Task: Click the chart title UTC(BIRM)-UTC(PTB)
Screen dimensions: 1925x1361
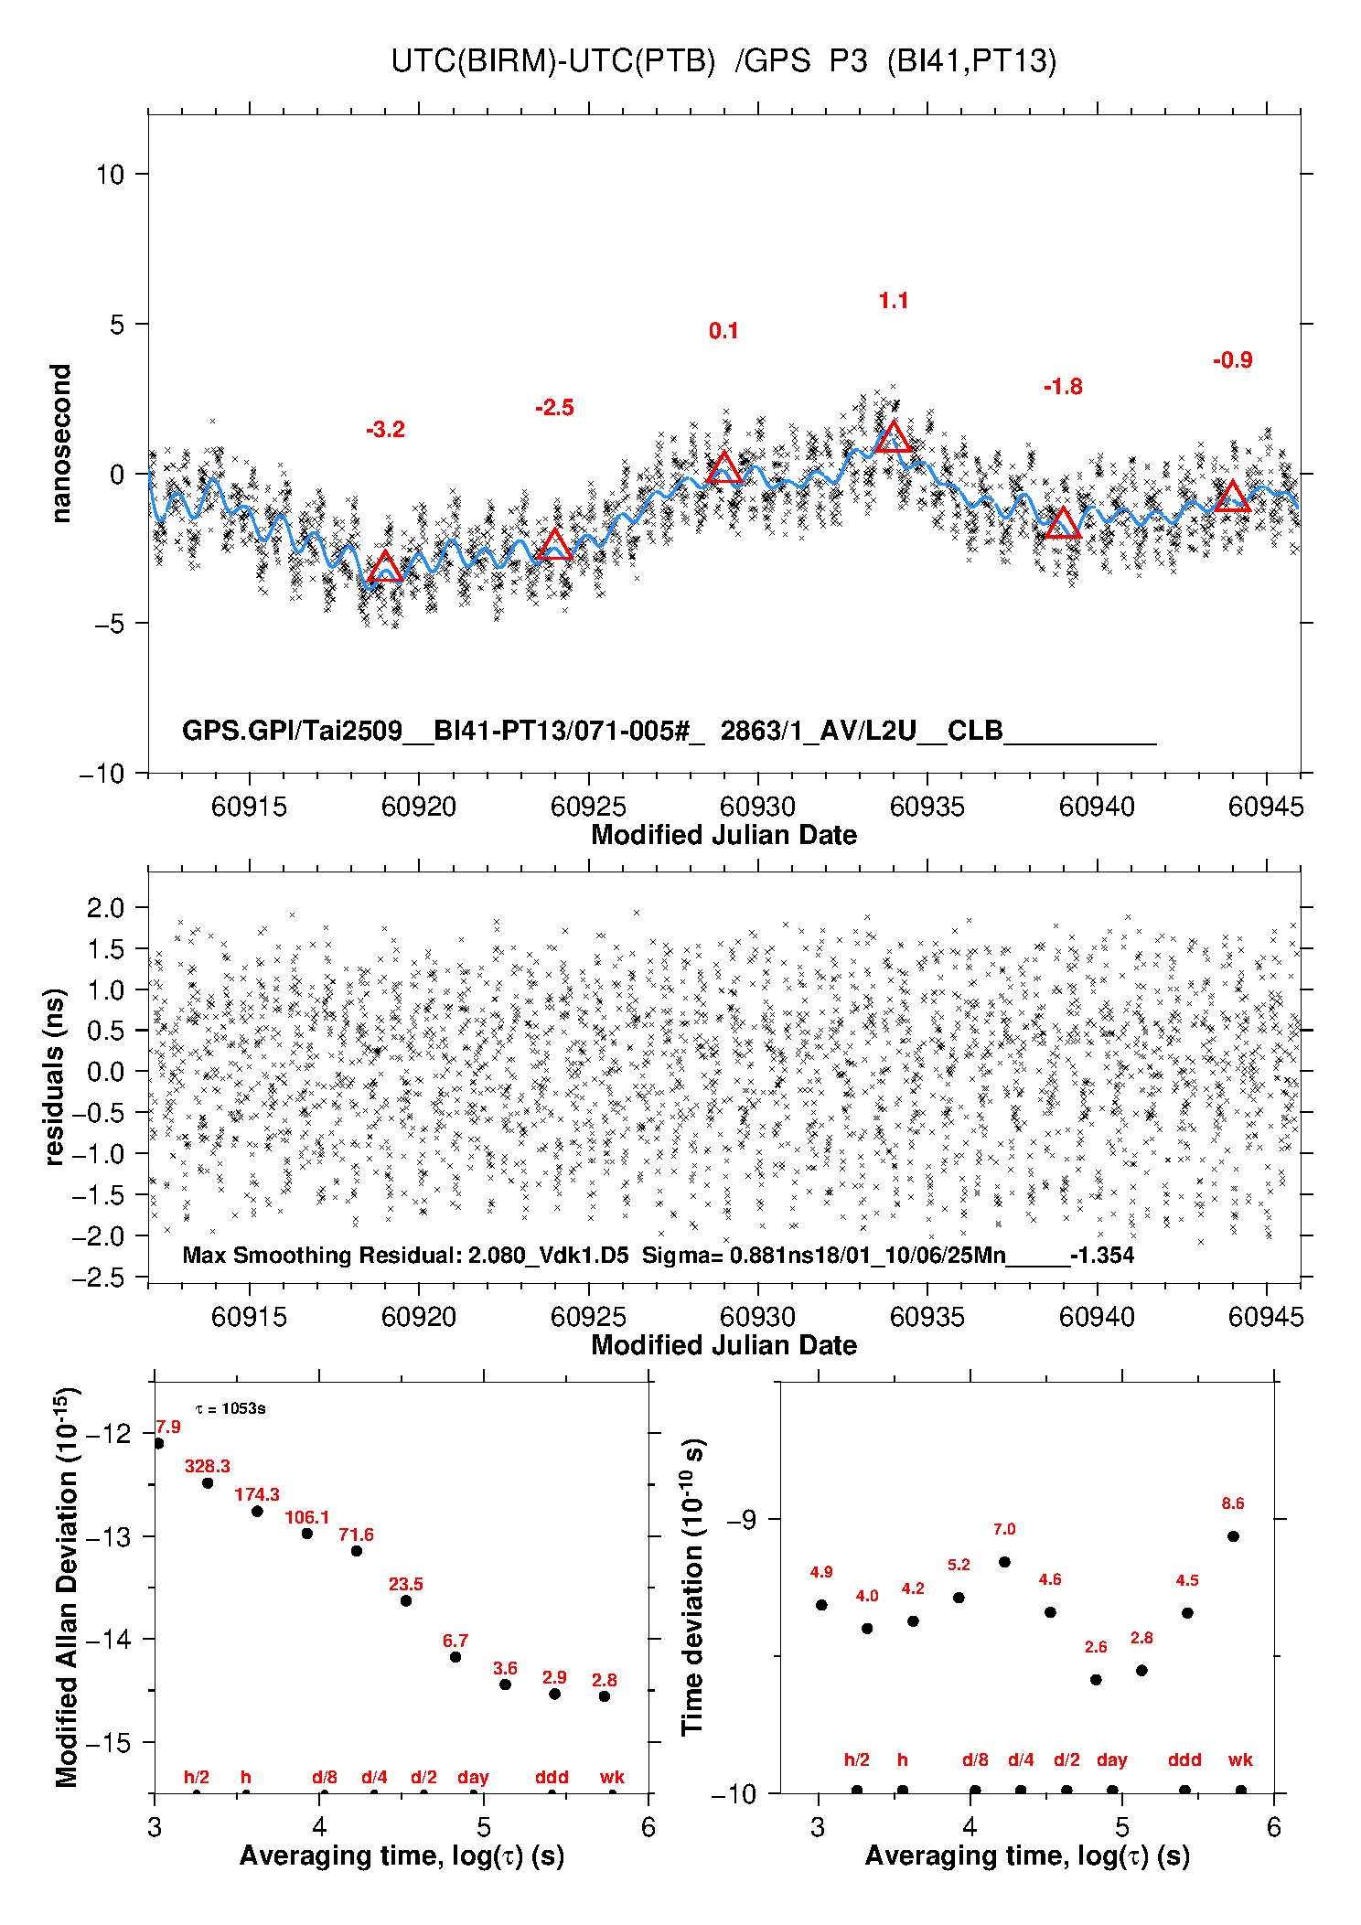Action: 552,61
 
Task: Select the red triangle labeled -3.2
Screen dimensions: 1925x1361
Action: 385,568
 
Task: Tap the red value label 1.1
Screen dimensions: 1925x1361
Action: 893,301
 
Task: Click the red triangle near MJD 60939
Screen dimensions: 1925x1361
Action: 1062,525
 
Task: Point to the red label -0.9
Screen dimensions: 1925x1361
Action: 1232,360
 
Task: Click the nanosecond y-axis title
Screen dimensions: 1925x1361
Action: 60,444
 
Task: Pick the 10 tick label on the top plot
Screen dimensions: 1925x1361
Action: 110,174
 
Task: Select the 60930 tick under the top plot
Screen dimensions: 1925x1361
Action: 757,807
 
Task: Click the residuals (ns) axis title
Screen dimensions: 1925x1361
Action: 55,1076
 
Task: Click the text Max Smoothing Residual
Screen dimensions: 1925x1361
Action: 321,1255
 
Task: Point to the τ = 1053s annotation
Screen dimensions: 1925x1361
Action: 230,1408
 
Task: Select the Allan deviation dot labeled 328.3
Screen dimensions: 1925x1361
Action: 208,1482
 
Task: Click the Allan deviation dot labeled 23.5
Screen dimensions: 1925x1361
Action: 406,1600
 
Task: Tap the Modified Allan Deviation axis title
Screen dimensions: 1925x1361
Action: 67,1587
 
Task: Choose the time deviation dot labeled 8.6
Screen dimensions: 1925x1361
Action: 1233,1536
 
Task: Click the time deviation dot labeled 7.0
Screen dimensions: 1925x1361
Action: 1004,1562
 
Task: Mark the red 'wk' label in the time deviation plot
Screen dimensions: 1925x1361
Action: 1240,1759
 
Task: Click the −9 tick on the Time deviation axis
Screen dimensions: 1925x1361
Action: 741,1519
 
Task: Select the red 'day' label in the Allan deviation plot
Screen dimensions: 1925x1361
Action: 473,1777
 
